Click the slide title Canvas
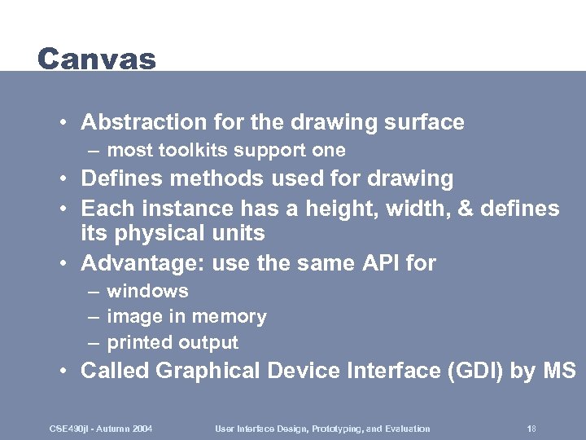point(96,59)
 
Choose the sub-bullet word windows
point(147,291)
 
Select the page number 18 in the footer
point(531,429)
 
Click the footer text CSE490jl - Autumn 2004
point(100,429)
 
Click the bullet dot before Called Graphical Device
point(63,372)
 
